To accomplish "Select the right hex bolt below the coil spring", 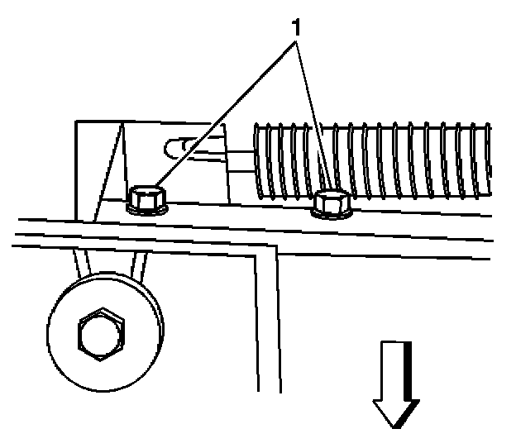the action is coord(331,203).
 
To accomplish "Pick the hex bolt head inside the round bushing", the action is coord(100,336).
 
